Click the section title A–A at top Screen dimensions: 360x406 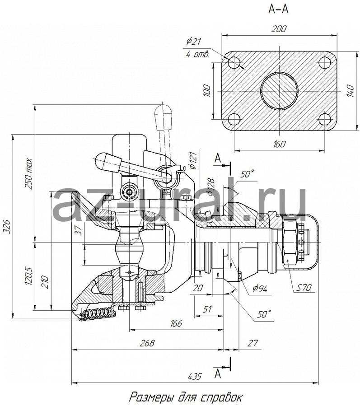(278, 9)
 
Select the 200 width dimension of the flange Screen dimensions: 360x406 (279, 28)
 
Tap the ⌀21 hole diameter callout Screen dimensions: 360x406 (193, 42)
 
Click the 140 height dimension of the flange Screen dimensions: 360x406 (350, 90)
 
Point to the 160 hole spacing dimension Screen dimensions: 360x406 (279, 144)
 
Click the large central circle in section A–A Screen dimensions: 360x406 (279, 91)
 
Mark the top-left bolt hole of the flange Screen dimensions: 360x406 (234, 62)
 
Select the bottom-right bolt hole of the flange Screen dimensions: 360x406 (325, 120)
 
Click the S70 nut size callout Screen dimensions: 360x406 (304, 287)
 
